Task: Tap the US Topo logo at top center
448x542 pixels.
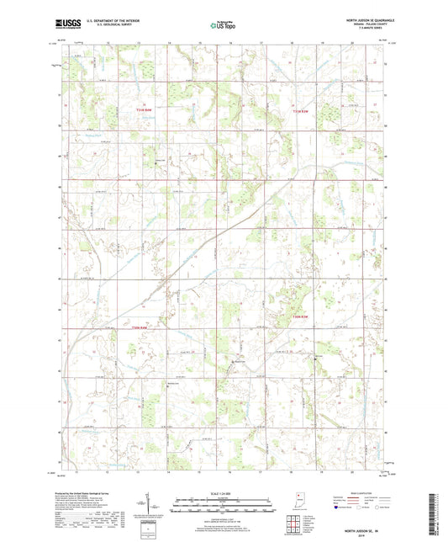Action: [221, 26]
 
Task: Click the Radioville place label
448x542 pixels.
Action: [240, 363]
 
